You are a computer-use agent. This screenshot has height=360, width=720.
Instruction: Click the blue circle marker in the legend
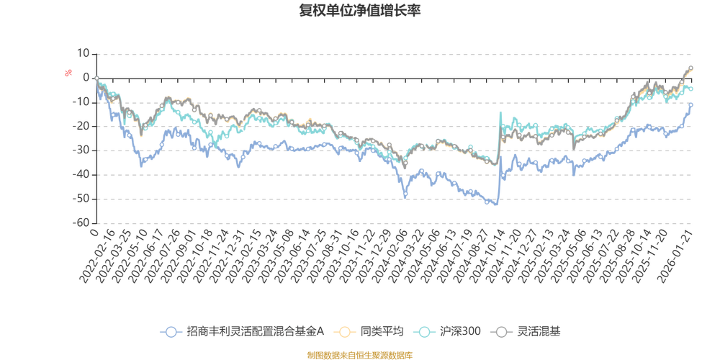(171, 331)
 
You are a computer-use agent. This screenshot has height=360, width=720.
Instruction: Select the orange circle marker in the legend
(346, 331)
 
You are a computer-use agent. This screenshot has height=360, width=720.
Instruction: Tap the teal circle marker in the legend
(425, 331)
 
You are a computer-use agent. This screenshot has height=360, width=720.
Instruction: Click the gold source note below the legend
(360, 354)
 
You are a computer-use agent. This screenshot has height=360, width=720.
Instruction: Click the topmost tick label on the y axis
(84, 53)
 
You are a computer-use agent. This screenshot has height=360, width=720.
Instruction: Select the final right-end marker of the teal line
(691, 89)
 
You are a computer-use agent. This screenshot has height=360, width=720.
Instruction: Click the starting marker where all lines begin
(96, 78)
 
